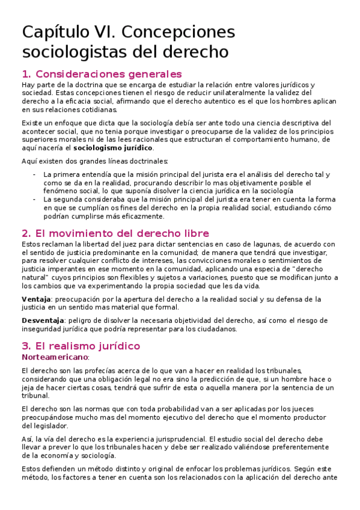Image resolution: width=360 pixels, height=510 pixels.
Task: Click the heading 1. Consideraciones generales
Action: pos(102,75)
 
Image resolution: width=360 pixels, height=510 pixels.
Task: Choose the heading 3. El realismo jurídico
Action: pos(81,346)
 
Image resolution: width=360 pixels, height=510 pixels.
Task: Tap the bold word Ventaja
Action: pos(36,299)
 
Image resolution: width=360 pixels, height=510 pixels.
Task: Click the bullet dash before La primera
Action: pos(34,174)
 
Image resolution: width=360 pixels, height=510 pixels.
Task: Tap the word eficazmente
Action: pos(145,217)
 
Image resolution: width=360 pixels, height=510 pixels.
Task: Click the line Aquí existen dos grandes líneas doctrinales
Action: pos(95,161)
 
